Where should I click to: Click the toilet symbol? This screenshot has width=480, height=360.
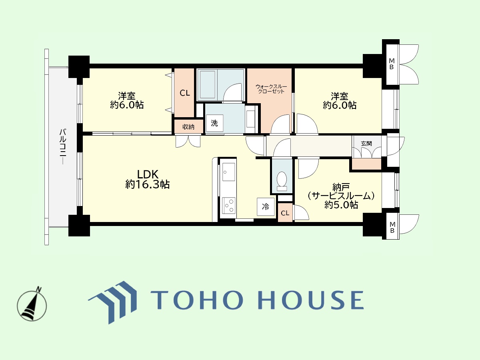pyautogui.click(x=282, y=181)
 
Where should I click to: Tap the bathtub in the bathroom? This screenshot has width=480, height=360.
pyautogui.click(x=207, y=85)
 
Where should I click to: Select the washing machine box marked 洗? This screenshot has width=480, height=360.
pyautogui.click(x=214, y=123)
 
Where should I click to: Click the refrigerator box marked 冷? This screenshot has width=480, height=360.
pyautogui.click(x=266, y=206)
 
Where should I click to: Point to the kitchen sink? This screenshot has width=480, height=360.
pyautogui.click(x=228, y=172)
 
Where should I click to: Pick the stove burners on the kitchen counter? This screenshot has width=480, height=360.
pyautogui.click(x=229, y=206)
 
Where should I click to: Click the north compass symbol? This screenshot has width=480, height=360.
pyautogui.click(x=32, y=304)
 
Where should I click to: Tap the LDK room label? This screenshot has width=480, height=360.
pyautogui.click(x=148, y=174)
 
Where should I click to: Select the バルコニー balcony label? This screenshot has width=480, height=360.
pyautogui.click(x=63, y=146)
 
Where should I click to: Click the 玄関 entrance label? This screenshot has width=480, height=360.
pyautogui.click(x=366, y=144)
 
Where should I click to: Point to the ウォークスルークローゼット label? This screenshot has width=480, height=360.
pyautogui.click(x=271, y=89)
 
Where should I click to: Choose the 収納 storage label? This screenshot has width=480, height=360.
pyautogui.click(x=188, y=127)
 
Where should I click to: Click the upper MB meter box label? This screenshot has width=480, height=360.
pyautogui.click(x=392, y=64)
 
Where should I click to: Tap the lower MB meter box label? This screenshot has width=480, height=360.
pyautogui.click(x=392, y=227)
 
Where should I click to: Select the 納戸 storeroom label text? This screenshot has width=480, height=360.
pyautogui.click(x=341, y=187)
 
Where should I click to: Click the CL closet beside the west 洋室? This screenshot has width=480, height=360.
pyautogui.click(x=184, y=93)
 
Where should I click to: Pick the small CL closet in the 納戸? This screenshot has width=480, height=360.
pyautogui.click(x=285, y=213)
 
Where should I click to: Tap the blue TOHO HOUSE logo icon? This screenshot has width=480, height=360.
pyautogui.click(x=112, y=302)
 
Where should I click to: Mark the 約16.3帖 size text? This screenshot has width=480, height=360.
pyautogui.click(x=147, y=185)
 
